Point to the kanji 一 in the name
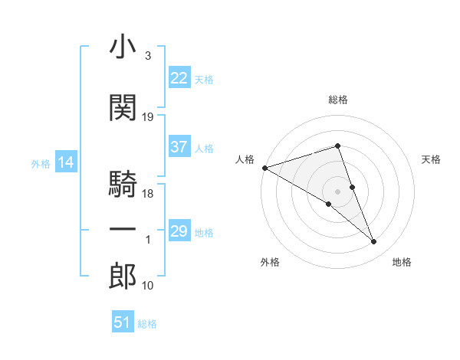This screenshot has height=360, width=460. [x=123, y=229]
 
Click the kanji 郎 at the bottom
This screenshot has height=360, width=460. [x=123, y=277]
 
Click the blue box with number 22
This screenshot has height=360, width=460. [x=179, y=77]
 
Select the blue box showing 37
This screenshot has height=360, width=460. [x=179, y=147]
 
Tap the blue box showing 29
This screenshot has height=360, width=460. [x=179, y=231]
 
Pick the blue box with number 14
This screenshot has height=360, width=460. [x=65, y=162]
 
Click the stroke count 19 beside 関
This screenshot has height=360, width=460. [x=148, y=116]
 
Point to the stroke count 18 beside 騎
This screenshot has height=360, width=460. [x=148, y=194]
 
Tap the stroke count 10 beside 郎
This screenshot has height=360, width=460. [x=148, y=286]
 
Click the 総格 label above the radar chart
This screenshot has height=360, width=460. [x=337, y=100]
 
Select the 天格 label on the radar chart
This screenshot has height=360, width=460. [x=432, y=159]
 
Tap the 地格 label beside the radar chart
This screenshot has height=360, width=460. [x=402, y=262]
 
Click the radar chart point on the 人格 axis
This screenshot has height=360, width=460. [x=264, y=168]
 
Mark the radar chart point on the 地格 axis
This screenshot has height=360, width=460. [x=374, y=242]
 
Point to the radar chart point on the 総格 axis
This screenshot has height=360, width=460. [x=337, y=146]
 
